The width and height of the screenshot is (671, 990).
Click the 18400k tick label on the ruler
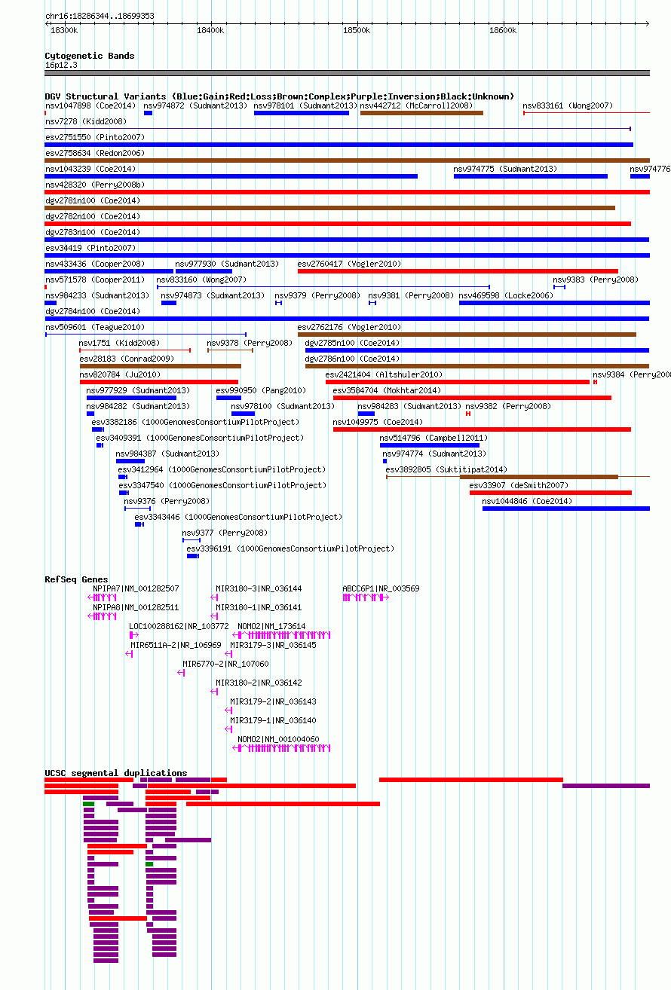210,30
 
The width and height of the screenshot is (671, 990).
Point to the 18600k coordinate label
502,30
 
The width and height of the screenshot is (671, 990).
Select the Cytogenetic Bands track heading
90,56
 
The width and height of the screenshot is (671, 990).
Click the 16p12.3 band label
61,65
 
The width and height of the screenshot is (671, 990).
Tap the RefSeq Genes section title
76,579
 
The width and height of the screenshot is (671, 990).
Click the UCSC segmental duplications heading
116,773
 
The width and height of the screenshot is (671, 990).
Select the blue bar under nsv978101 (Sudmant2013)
302,113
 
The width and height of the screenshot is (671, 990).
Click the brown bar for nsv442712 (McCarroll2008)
421,113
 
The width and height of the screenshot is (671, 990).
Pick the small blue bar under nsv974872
149,113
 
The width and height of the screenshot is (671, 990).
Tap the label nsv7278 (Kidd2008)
86,121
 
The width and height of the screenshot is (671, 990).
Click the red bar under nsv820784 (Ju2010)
159,382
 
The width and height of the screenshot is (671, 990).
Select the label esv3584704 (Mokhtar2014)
387,391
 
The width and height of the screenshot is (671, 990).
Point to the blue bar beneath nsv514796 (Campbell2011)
430,445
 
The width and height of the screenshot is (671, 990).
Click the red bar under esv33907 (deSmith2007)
550,493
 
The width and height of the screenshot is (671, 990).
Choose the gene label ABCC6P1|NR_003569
381,588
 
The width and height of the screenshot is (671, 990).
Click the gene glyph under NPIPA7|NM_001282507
103,597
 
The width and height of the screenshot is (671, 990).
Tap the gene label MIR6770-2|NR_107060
225,664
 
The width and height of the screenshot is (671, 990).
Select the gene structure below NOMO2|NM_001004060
281,748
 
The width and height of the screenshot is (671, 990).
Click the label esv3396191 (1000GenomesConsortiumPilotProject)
290,549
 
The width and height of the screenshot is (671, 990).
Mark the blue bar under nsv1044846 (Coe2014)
565,509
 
